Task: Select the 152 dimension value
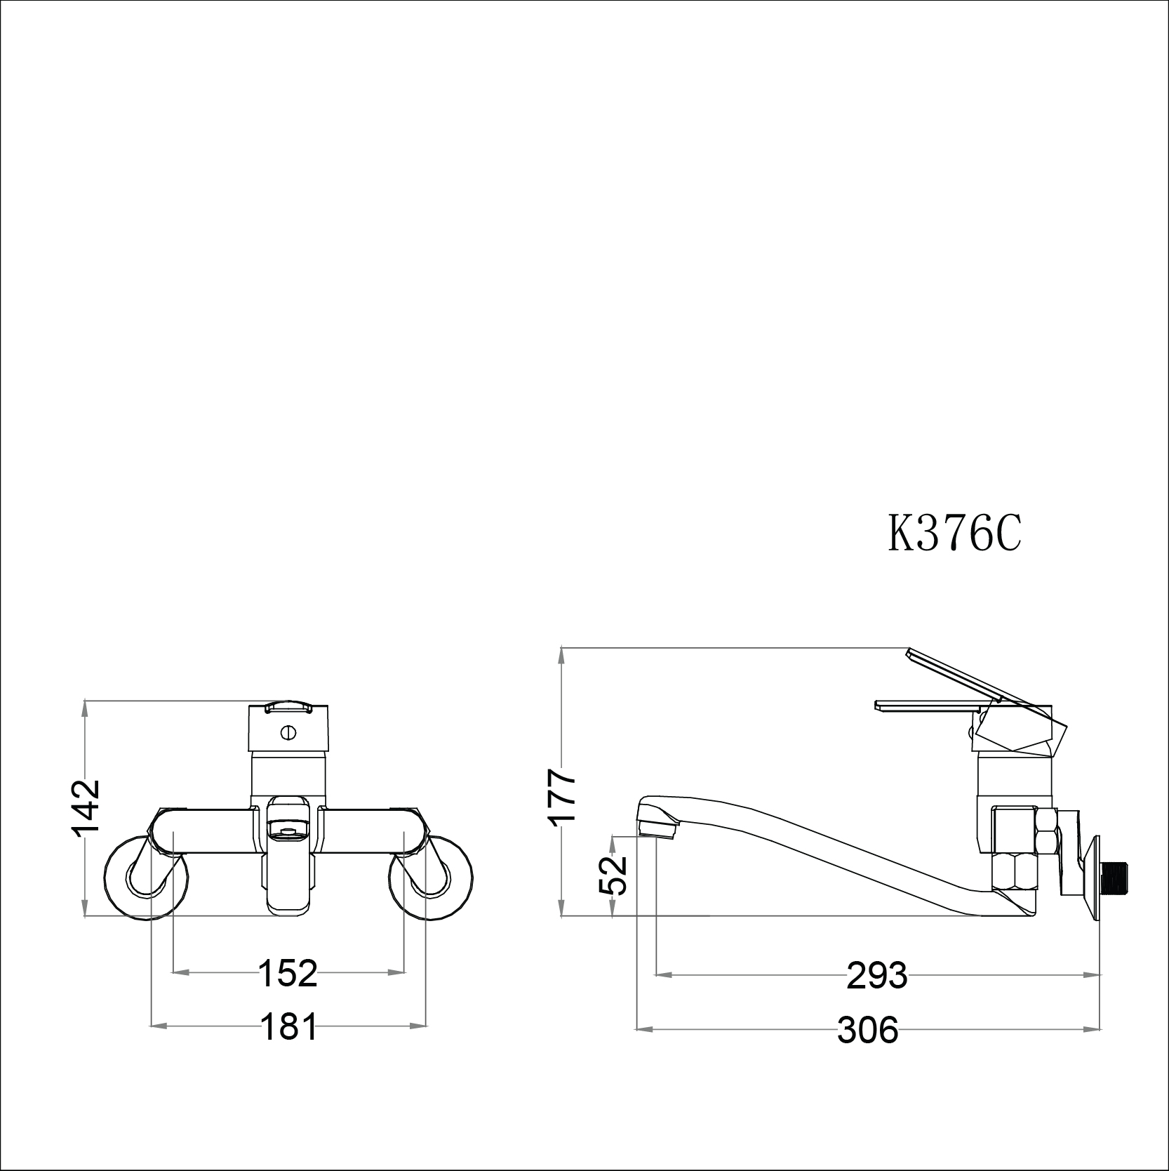pos(288,972)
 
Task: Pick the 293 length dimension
pos(877,975)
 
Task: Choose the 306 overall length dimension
pos(867,1030)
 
